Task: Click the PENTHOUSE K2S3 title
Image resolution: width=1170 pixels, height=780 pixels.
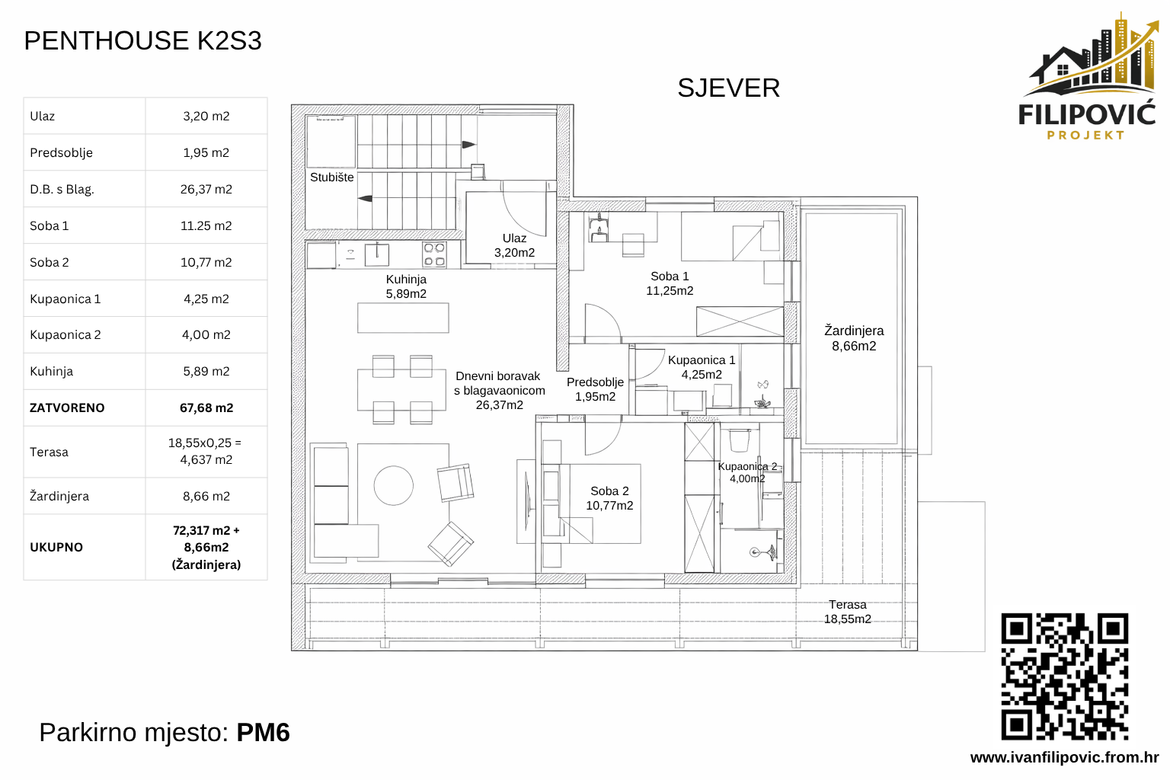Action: (x=142, y=40)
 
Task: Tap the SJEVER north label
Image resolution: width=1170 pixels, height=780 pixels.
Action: (x=728, y=88)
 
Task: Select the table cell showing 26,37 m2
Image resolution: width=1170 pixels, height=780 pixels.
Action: (x=206, y=189)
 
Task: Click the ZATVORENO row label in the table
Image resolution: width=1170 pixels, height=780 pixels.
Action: (x=67, y=408)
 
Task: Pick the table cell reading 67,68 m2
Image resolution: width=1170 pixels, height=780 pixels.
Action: (x=206, y=408)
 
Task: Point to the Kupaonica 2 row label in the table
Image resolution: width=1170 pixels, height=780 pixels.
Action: (x=66, y=334)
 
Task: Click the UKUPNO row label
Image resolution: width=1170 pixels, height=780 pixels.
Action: (x=56, y=547)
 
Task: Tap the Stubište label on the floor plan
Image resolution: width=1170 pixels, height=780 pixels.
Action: (x=331, y=177)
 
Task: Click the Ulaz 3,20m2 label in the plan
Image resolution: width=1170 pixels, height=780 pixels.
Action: (x=514, y=245)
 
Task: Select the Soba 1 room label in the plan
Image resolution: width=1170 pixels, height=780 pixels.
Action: (x=670, y=283)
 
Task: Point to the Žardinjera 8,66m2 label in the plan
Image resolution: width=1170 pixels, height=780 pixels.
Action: (x=854, y=338)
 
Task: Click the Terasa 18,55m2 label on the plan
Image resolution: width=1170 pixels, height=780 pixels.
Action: (x=847, y=612)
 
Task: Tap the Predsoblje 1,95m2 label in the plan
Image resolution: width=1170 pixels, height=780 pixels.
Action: (x=595, y=389)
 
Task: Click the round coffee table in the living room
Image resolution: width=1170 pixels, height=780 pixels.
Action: (x=394, y=485)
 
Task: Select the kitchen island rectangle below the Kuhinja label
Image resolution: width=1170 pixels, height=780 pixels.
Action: (x=403, y=318)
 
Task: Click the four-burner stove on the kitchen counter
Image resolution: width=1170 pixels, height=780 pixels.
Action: (x=434, y=254)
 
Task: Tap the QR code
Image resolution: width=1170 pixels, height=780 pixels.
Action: (x=1064, y=676)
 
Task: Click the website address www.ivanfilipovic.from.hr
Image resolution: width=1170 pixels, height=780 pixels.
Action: (x=1063, y=757)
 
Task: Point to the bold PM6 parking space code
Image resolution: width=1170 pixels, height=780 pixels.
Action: (x=263, y=733)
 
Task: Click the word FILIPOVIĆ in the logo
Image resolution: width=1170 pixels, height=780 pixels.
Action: (x=1086, y=115)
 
